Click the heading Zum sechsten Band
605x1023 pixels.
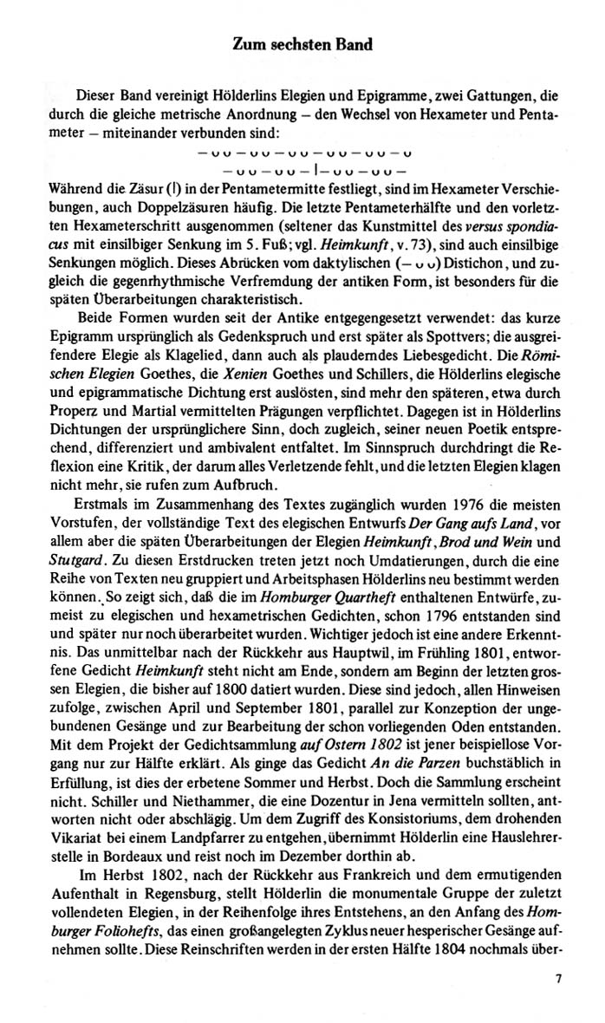pos(302,44)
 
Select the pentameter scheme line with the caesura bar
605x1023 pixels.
pos(302,171)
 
